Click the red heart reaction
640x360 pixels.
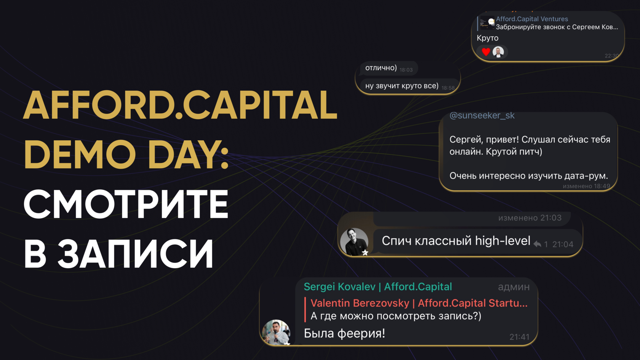[x=486, y=52]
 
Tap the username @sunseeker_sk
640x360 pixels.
[x=482, y=115]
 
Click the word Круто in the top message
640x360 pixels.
[x=488, y=38]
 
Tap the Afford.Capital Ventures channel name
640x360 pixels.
[x=532, y=19]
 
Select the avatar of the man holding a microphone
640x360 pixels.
[x=276, y=333]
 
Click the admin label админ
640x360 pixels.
[x=514, y=287]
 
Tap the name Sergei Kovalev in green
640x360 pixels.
[x=339, y=286]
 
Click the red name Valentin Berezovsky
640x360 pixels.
[x=360, y=303]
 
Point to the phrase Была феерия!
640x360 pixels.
[x=344, y=333]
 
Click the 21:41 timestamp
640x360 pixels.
[x=520, y=337]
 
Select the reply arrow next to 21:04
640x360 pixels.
[x=537, y=244]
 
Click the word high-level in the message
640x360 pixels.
[x=502, y=241]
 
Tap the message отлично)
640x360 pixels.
[x=381, y=68]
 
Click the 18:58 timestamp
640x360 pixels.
[x=448, y=88]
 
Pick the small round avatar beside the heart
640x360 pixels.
[x=498, y=52]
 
